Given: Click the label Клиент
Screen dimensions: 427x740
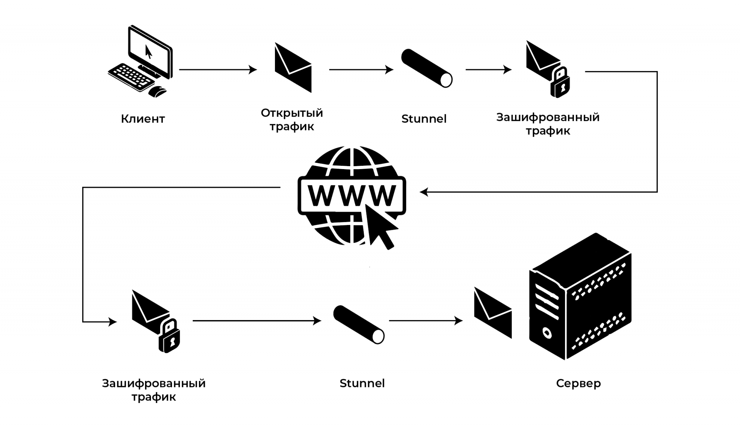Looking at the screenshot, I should coord(143,119).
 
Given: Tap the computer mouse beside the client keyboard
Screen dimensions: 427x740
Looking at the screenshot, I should coord(158,91).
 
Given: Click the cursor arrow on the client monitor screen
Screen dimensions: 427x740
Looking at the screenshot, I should coord(148,52).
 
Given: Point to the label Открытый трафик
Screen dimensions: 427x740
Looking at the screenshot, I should coord(292,120).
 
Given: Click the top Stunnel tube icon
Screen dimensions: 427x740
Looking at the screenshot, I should coord(427,68).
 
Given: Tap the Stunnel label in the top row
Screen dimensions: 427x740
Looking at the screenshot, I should coord(424,119).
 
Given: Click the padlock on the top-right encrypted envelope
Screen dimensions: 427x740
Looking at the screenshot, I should coord(560,83).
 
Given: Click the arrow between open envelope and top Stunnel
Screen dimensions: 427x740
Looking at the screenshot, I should coord(361,70).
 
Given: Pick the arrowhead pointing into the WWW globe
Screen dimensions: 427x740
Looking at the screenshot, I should coord(424,192).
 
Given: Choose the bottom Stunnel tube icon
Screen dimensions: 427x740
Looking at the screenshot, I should coord(359,325).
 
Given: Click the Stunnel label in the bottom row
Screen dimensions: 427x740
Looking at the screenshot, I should coord(362,383).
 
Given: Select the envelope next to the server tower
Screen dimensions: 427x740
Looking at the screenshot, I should coord(493,313).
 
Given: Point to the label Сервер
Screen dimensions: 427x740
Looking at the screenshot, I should coord(578,383).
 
